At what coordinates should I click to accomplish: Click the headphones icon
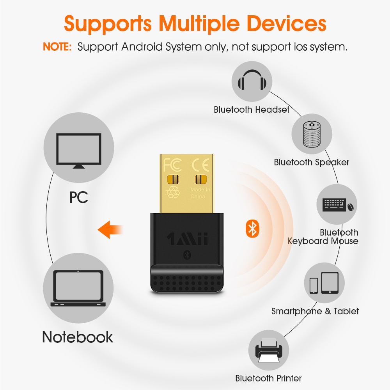(x=252, y=81)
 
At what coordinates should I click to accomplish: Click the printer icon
(x=268, y=351)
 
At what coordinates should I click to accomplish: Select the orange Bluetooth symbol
(x=252, y=229)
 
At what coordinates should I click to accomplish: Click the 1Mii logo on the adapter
(x=187, y=238)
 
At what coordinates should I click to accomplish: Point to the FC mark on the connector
(x=173, y=165)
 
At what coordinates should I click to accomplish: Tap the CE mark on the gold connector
(x=201, y=165)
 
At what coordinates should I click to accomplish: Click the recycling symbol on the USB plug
(x=173, y=192)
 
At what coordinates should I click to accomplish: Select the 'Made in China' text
(x=200, y=193)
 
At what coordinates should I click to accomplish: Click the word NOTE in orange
(x=57, y=47)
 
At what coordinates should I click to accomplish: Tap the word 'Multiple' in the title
(x=200, y=23)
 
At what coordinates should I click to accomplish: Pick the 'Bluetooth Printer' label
(x=268, y=378)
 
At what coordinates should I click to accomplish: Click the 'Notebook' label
(x=78, y=337)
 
